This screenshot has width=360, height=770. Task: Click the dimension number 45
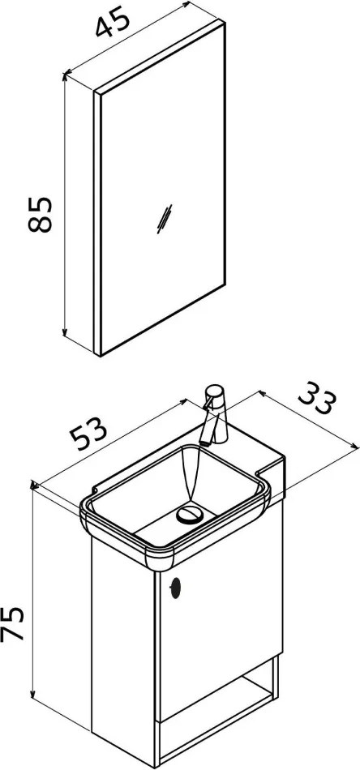coord(113,22)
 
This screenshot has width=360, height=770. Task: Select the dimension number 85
coord(40,215)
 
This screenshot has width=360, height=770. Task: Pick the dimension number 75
coord(12,623)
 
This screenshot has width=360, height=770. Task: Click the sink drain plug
coord(190,515)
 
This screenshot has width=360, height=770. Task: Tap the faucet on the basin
coord(214,415)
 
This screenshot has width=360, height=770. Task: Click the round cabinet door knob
coord(175,588)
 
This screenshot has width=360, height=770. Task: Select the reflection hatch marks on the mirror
coord(164,219)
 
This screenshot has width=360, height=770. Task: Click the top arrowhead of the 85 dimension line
coord(65,77)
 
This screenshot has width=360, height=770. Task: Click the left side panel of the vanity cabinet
coord(122,648)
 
